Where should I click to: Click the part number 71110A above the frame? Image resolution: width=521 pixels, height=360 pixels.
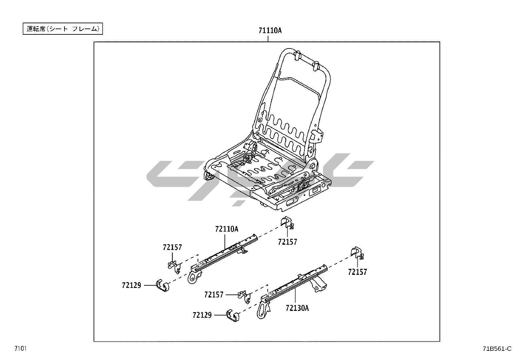click(x=270, y=30)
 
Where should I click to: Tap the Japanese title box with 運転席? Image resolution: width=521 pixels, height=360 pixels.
click(x=63, y=29)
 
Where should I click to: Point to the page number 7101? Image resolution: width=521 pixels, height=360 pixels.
click(x=20, y=348)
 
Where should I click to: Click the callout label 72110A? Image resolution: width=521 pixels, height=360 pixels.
click(x=226, y=229)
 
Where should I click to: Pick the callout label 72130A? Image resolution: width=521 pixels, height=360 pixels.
click(x=297, y=308)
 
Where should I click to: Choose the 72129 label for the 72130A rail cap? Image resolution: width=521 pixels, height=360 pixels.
click(x=202, y=315)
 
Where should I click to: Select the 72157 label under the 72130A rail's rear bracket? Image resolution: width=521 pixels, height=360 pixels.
click(x=357, y=272)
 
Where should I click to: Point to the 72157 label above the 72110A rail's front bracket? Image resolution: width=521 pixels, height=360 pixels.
click(x=172, y=247)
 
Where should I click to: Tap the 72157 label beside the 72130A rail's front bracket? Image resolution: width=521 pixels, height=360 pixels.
click(x=214, y=295)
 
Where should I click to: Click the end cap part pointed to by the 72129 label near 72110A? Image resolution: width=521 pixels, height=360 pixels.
click(x=163, y=286)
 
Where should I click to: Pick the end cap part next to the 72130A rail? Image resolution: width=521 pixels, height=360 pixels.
click(x=233, y=315)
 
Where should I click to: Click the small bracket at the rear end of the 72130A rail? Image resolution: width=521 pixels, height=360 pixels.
click(x=356, y=252)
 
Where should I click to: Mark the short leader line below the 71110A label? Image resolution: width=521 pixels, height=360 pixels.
click(x=268, y=38)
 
